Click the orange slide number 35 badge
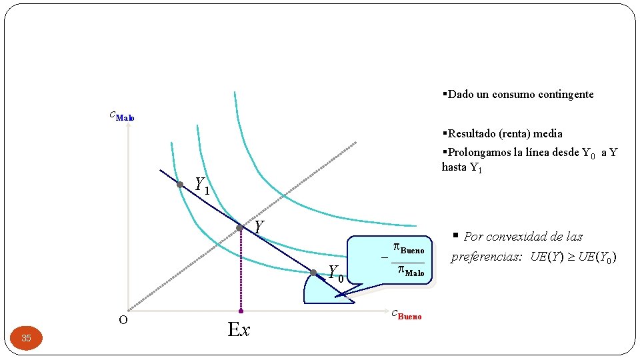[x=26, y=338]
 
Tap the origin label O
[x=123, y=320]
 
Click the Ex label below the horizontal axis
[x=239, y=329]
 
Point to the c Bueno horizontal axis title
[x=406, y=315]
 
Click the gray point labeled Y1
[x=180, y=185]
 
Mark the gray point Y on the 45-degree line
[x=240, y=228]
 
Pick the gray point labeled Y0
[x=313, y=272]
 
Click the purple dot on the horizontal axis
[x=241, y=311]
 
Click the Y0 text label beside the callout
[x=336, y=273]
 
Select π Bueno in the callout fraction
[x=408, y=249]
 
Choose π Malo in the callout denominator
[x=410, y=271]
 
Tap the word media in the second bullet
[x=547, y=133]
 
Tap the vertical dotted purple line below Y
[x=241, y=270]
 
